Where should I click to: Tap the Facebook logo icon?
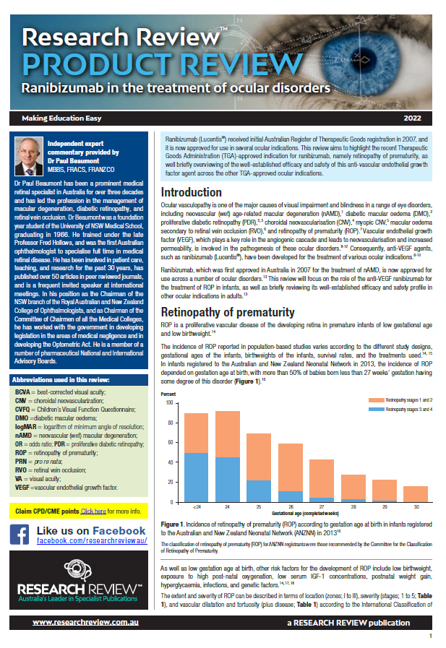click(x=19, y=535)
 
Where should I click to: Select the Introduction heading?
click(x=191, y=192)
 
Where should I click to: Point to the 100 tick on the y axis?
click(x=169, y=402)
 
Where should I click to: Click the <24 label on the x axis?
click(x=197, y=508)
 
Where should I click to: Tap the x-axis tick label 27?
click(x=321, y=508)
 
